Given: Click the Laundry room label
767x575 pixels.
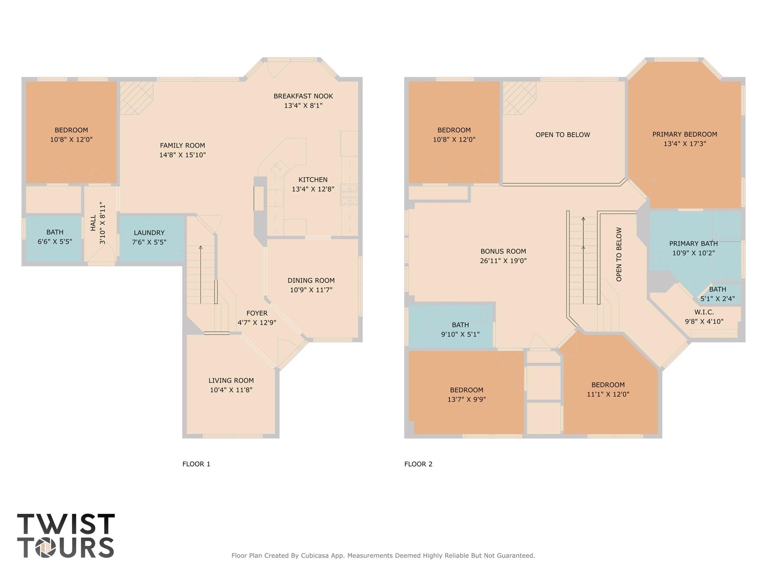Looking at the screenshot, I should click(x=149, y=233).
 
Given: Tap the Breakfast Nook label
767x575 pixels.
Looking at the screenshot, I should click(x=303, y=96).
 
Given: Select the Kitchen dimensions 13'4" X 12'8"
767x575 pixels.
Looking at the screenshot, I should click(x=312, y=189).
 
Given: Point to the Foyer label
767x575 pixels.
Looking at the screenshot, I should click(x=257, y=313).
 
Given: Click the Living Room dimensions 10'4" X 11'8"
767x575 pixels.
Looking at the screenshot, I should click(x=231, y=390).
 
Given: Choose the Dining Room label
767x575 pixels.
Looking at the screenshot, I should click(x=311, y=281).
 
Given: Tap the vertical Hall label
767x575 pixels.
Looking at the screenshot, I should click(x=93, y=223).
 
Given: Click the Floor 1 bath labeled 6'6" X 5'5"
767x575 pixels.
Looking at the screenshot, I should click(x=55, y=237).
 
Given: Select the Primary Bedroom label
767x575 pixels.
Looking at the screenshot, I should click(x=684, y=134).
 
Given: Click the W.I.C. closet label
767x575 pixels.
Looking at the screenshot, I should click(x=704, y=312).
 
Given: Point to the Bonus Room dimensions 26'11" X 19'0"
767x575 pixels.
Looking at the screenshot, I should click(x=503, y=261).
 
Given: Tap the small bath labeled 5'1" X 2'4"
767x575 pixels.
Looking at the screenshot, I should click(x=717, y=294).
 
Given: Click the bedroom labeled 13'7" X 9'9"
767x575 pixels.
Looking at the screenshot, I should click(x=466, y=394).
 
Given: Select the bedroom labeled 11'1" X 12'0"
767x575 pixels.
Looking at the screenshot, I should click(x=607, y=389).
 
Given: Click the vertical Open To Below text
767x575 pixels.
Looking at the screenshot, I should click(x=619, y=254).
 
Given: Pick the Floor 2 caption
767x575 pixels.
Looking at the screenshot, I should click(x=418, y=464).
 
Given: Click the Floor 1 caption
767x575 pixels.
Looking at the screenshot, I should click(x=196, y=464).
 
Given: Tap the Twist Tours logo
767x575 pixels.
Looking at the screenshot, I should click(x=66, y=535).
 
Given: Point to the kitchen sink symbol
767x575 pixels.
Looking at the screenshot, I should click(x=280, y=169).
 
